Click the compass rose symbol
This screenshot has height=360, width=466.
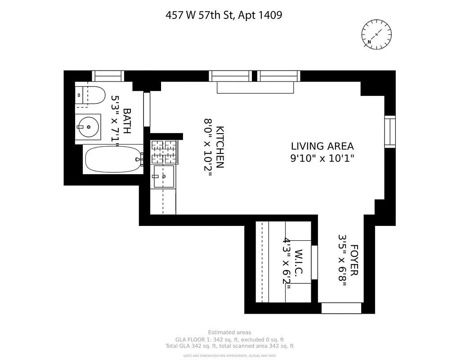click(376, 34)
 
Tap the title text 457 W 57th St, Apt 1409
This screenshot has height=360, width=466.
click(224, 15)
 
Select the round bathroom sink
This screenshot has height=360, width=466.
click(88, 127)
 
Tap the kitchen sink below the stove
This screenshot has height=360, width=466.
click(163, 176)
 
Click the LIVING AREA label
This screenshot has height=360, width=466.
click(322, 146)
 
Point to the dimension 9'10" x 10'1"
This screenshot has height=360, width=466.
click(322, 158)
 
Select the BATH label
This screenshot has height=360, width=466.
click(127, 121)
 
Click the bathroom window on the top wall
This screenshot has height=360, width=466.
click(108, 76)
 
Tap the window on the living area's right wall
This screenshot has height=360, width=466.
click(390, 131)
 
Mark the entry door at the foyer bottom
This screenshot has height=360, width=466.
click(341, 308)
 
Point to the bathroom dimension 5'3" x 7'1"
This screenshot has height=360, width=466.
click(115, 121)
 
